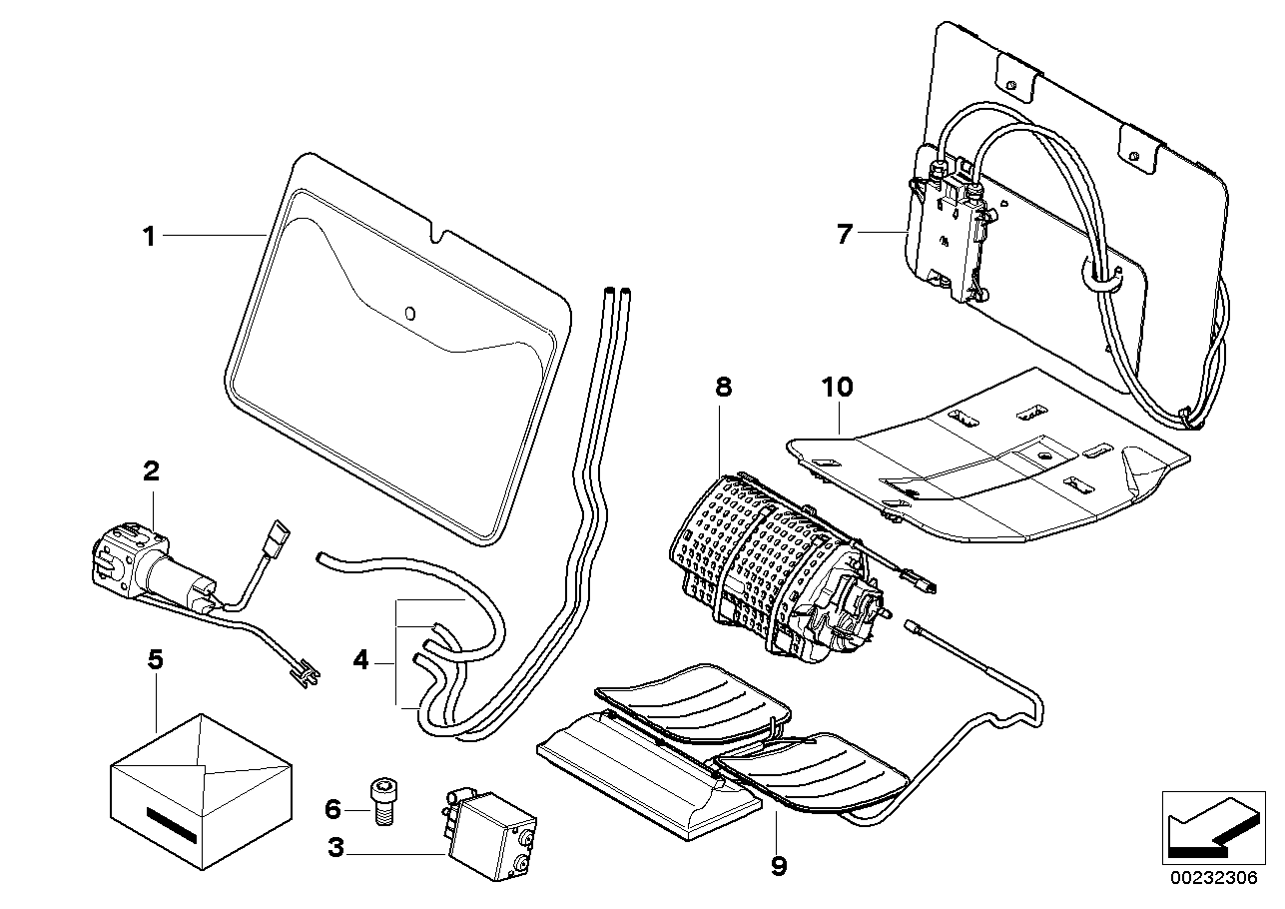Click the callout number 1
click(148, 237)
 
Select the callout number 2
click(151, 471)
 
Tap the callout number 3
click(336, 849)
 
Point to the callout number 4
click(359, 659)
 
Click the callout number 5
click(154, 660)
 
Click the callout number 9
click(778, 865)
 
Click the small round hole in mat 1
click(409, 313)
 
